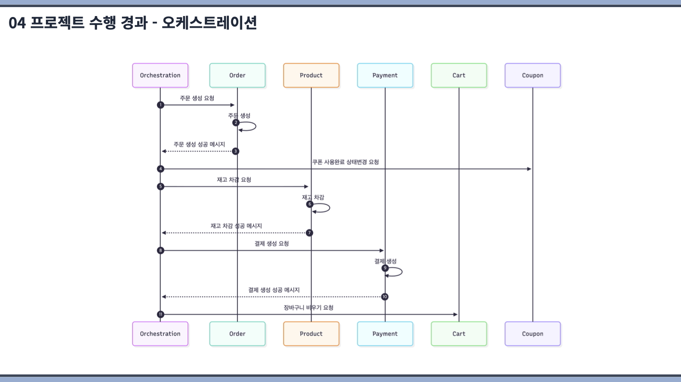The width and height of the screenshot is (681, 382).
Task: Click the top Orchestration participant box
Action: coord(160,76)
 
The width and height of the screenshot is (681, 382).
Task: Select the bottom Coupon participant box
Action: coord(533,334)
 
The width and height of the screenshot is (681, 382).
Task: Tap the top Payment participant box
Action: coord(385,76)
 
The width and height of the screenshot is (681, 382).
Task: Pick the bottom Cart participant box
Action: coord(459,334)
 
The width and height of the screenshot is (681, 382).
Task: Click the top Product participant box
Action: coord(311,76)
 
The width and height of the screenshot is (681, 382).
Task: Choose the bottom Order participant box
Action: coord(237,334)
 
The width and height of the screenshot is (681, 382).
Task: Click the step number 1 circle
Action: coord(160,105)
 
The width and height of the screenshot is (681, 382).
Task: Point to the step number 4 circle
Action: coord(160,169)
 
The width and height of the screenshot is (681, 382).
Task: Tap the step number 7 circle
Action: coord(309,233)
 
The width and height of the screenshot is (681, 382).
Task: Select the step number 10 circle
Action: coord(384,297)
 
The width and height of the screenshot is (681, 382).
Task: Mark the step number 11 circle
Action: coord(160,314)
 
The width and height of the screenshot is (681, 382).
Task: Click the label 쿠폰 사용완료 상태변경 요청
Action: coord(345,162)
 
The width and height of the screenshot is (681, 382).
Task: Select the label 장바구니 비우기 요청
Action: coord(308,308)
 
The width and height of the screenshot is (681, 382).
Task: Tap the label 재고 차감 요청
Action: coord(234,180)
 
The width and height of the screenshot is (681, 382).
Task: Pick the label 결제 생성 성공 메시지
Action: coord(274,290)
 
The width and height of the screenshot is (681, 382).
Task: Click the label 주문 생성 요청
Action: coord(197,98)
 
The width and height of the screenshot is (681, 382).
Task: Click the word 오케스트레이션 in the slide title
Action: coord(209,23)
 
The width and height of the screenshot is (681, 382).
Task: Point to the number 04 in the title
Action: coord(17,23)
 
